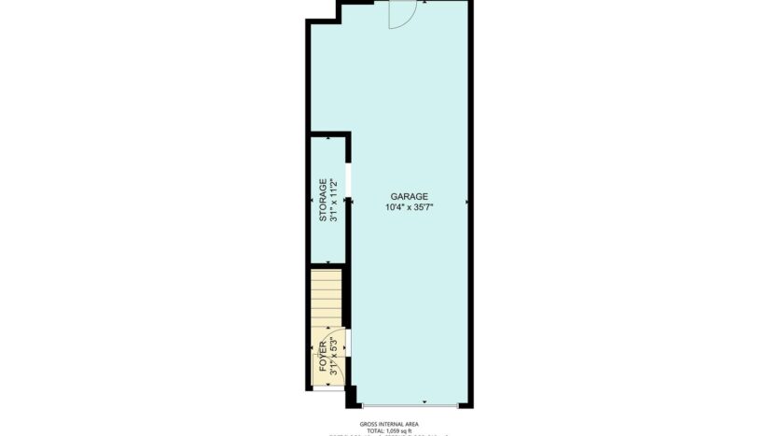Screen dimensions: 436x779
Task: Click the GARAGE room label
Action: point(409,196)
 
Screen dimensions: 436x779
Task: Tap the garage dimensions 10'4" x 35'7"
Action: point(409,207)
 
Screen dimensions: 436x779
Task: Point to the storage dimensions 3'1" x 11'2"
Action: point(334,199)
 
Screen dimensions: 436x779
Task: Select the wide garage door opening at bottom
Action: point(410,406)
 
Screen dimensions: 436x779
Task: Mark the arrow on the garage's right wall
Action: point(466,201)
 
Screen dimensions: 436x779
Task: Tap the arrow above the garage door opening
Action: point(424,401)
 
